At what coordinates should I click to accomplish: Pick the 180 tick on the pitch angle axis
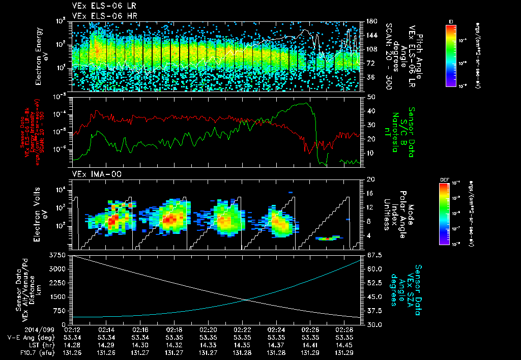coord(371,21)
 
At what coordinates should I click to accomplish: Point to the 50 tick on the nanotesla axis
coord(370,96)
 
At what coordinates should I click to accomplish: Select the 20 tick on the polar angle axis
coord(370,179)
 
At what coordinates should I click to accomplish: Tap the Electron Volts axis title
coord(41,213)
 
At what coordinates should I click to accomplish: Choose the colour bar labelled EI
coord(451,53)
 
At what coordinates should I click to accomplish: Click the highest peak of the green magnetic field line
coord(305,103)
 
